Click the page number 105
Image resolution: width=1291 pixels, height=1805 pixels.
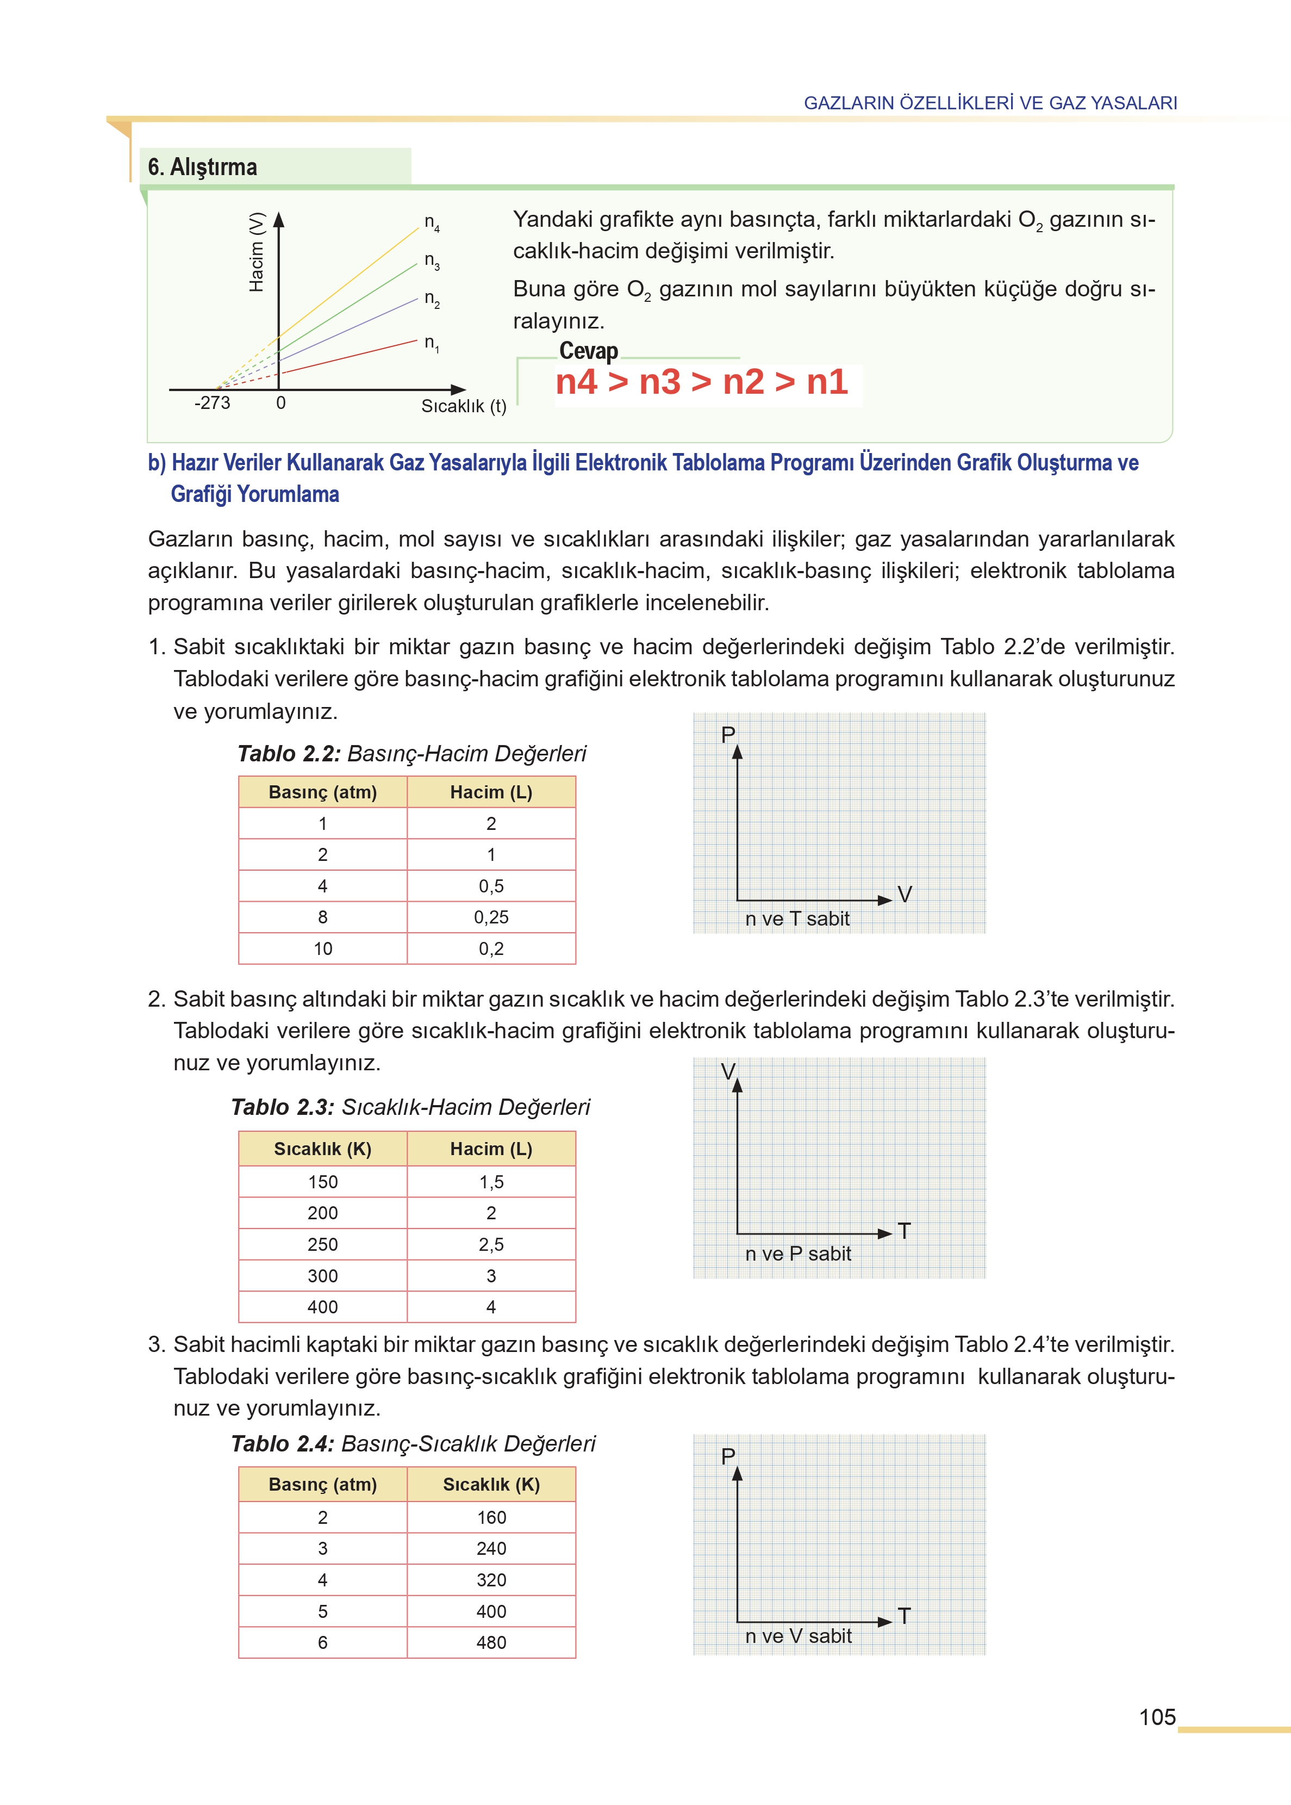point(1157,1717)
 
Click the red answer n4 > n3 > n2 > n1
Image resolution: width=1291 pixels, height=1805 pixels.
point(702,382)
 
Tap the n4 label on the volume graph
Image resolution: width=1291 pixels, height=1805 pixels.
point(432,222)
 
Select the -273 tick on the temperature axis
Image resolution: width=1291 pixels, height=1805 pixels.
point(212,403)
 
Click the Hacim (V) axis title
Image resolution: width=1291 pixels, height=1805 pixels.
point(256,252)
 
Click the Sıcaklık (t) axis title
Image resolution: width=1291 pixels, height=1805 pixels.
point(464,406)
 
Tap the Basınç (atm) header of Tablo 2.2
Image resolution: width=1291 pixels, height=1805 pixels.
point(323,792)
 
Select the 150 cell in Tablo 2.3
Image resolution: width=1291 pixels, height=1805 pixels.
point(323,1182)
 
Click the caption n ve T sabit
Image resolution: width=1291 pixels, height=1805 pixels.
point(797,919)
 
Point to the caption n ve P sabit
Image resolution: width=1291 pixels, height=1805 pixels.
point(797,1254)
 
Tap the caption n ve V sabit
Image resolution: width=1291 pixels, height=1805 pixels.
point(797,1636)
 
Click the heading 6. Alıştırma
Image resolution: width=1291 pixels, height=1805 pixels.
point(203,167)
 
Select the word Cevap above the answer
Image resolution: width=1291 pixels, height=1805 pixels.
point(588,351)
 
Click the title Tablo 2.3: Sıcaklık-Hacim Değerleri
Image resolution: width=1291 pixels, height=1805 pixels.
point(410,1107)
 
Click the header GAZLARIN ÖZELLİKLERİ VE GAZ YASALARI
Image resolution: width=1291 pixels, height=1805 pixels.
point(990,103)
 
